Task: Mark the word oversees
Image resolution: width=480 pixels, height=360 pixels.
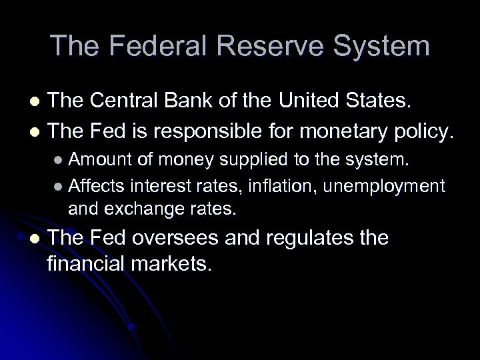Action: pos(193,238)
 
